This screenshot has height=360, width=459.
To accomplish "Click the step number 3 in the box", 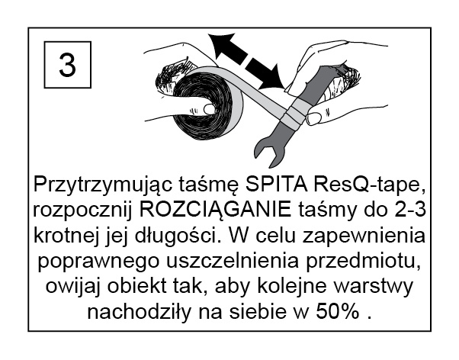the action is coord(67,65).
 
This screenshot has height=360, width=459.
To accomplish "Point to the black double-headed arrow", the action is coord(246,61).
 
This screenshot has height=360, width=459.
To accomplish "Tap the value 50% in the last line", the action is coord(338,312).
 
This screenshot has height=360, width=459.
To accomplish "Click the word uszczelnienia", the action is coord(233,261).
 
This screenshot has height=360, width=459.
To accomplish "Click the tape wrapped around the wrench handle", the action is coord(292,117).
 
